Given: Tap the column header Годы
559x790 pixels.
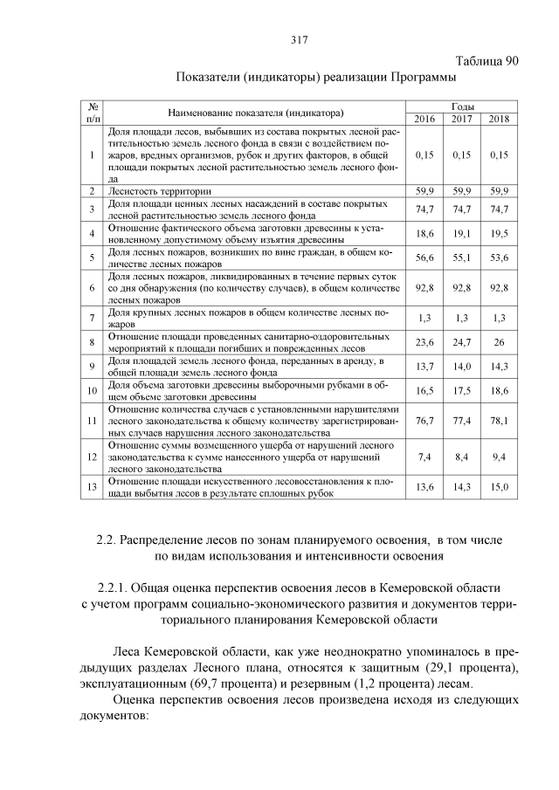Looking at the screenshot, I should tap(462, 106).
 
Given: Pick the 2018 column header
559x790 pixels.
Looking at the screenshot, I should tap(499, 119).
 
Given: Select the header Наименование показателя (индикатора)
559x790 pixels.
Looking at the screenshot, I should tap(255, 113).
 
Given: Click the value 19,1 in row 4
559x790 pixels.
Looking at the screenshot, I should tap(462, 234).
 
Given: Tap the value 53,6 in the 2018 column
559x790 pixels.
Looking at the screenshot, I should tap(499, 258).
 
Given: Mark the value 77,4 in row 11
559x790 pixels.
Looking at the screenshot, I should tap(462, 421).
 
